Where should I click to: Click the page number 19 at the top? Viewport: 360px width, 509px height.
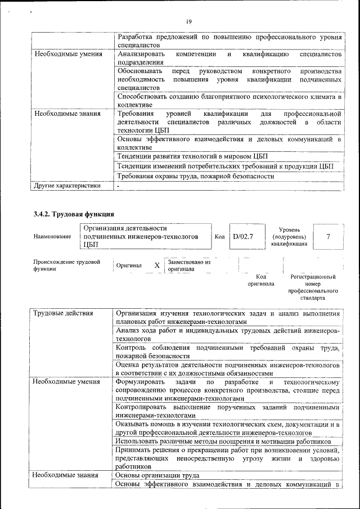click(188, 21)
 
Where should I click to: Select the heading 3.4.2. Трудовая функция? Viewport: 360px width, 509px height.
click(74, 214)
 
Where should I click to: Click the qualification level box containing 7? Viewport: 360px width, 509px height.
click(328, 237)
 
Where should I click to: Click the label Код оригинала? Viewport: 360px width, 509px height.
click(260, 280)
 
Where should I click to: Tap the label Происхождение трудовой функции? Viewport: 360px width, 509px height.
click(66, 265)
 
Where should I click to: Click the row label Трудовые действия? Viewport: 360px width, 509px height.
click(62, 313)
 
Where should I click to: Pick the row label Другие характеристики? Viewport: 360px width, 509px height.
click(67, 185)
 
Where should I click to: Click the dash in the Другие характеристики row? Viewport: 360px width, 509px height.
click(119, 185)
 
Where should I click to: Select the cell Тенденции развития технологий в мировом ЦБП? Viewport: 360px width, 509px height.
click(192, 156)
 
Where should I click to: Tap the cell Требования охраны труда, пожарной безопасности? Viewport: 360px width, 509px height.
click(195, 176)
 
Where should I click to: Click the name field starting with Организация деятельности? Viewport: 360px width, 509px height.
click(141, 237)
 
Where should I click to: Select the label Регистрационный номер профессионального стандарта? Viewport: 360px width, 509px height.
click(313, 287)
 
